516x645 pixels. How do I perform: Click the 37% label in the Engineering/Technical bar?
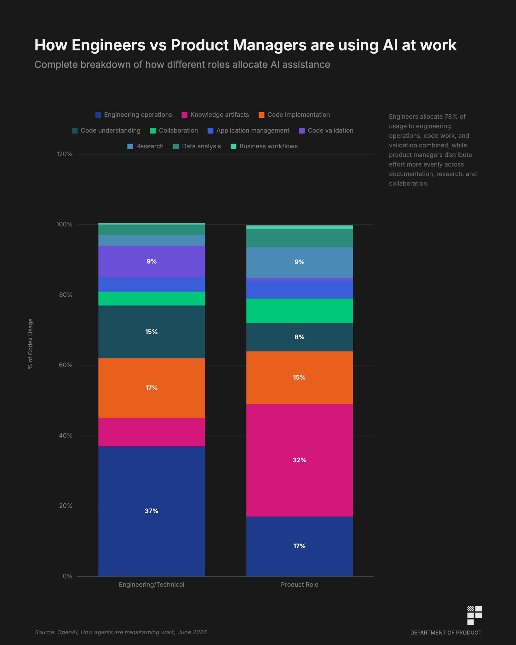click(x=152, y=511)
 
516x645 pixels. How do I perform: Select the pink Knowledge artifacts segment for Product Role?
click(x=299, y=460)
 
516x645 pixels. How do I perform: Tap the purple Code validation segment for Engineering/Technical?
click(x=152, y=261)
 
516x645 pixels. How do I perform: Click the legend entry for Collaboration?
click(x=174, y=130)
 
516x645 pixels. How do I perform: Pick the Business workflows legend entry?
click(x=264, y=146)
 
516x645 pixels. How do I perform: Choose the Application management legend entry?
click(x=249, y=130)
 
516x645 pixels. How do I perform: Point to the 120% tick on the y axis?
click(x=64, y=154)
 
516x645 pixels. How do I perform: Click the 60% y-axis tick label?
click(x=66, y=365)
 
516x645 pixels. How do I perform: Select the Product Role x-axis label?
click(x=300, y=585)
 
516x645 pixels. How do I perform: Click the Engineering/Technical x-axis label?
click(x=152, y=585)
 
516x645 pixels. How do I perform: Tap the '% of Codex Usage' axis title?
click(x=30, y=344)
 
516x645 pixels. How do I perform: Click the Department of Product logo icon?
click(x=474, y=615)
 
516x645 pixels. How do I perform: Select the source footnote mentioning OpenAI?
click(x=121, y=632)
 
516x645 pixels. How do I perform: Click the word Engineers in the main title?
click(x=108, y=45)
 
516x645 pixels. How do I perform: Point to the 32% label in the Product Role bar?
click(x=300, y=460)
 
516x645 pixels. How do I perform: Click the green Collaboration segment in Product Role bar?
click(x=299, y=311)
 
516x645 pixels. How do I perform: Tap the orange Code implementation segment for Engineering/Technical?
click(x=152, y=388)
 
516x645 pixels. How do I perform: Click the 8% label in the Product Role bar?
click(x=300, y=337)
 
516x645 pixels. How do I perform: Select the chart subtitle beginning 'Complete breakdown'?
click(x=182, y=65)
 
